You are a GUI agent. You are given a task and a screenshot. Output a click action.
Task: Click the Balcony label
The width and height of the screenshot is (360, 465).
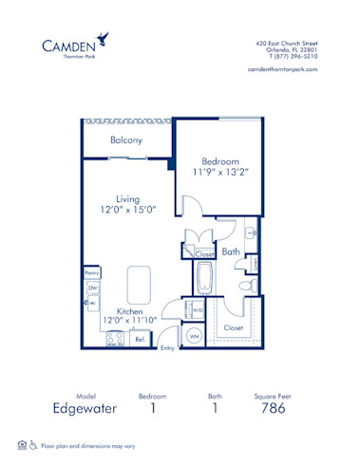pos(125,140)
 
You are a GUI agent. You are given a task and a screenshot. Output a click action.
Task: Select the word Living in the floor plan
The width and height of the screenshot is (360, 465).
pos(128,199)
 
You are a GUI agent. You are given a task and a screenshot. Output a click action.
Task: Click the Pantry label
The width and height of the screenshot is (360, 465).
pos(92,272)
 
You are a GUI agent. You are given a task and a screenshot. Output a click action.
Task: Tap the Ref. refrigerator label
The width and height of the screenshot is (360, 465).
pos(140,338)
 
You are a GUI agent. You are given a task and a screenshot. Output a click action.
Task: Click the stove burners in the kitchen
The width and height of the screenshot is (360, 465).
pos(116,337)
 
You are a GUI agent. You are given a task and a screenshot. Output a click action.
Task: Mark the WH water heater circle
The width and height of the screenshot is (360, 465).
pos(193,336)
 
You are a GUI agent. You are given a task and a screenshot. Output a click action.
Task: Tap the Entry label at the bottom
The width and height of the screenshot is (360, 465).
pos(167,348)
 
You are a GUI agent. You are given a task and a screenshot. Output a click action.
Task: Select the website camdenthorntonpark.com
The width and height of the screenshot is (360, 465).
pos(281,69)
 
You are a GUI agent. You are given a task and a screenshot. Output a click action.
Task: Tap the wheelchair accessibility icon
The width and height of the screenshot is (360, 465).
pos(32,444)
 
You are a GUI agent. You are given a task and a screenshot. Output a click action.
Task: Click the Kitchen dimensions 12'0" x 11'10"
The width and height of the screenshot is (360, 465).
pos(131,321)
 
